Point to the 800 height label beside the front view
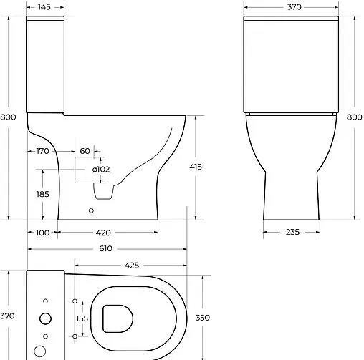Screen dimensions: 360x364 tap(354, 117)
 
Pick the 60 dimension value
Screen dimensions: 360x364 tap(85, 151)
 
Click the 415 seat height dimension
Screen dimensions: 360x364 tap(196, 167)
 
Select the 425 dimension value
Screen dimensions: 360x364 tap(131, 266)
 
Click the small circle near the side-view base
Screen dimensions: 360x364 tap(91, 210)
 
